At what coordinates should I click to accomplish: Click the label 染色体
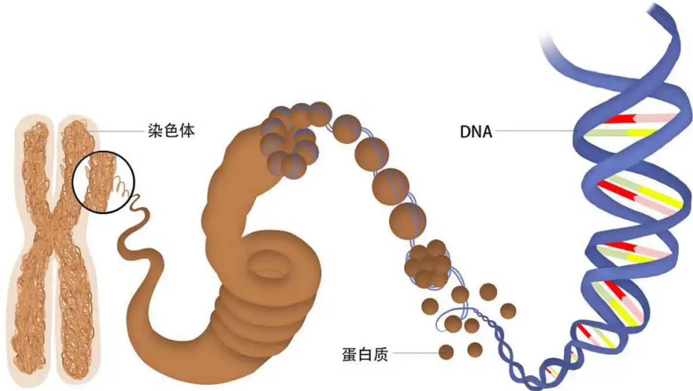(172, 131)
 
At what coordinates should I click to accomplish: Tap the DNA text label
(476, 132)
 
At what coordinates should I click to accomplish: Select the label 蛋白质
(365, 355)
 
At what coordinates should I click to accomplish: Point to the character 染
(155, 131)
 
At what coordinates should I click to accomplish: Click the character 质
(381, 355)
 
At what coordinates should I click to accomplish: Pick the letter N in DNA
(476, 132)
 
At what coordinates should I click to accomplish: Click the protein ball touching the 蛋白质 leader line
(446, 352)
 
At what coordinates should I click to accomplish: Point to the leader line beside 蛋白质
(415, 353)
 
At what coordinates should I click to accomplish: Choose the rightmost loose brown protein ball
(508, 311)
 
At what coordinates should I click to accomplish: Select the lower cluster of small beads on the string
(428, 264)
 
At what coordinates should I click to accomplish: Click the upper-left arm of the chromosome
(36, 167)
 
